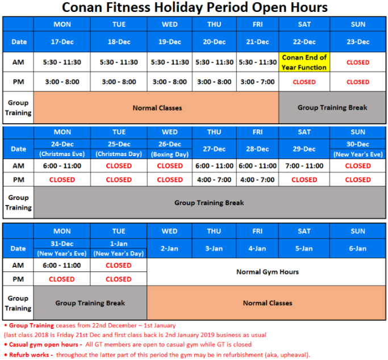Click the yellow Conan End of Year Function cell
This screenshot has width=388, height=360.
click(x=304, y=62)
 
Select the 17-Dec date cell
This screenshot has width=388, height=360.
click(x=62, y=42)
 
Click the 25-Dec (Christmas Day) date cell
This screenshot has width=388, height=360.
click(x=119, y=149)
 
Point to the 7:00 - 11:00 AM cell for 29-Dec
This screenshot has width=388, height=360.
click(x=304, y=166)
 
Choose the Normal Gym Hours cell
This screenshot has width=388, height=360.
click(x=267, y=272)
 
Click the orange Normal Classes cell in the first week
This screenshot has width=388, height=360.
click(x=157, y=107)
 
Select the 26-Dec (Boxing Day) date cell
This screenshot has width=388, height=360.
click(x=170, y=149)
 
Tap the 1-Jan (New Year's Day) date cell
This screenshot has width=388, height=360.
click(x=119, y=249)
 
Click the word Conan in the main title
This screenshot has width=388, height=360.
click(x=84, y=8)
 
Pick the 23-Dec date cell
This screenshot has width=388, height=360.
click(x=358, y=42)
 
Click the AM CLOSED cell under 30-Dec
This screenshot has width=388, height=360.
click(x=358, y=166)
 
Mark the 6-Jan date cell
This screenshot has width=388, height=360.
click(x=358, y=249)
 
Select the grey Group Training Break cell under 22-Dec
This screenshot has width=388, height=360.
click(x=332, y=107)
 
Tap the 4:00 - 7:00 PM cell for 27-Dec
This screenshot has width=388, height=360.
click(x=214, y=179)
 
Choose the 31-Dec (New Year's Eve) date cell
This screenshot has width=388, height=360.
click(x=62, y=249)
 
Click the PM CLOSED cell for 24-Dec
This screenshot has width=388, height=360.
click(x=62, y=179)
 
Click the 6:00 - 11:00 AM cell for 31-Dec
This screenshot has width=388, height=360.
click(x=62, y=265)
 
